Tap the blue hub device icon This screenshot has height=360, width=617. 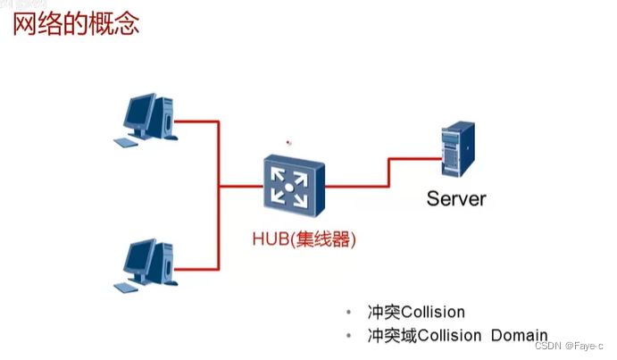click(291, 187)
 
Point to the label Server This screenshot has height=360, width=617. click(455, 198)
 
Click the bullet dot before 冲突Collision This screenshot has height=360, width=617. click(348, 313)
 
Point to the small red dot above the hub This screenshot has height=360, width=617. click(288, 141)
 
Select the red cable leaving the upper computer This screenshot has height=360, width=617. click(196, 121)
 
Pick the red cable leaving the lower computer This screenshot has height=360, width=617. click(196, 265)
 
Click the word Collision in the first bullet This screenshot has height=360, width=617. click(434, 313)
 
